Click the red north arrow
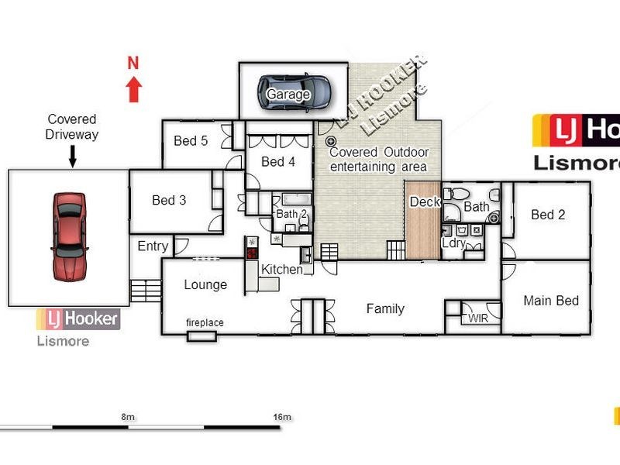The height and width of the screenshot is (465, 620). (133, 89)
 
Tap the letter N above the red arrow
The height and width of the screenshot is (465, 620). (133, 64)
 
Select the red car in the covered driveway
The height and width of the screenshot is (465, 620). (69, 236)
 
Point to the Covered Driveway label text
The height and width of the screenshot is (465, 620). (72, 126)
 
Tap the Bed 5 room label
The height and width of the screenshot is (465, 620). (191, 140)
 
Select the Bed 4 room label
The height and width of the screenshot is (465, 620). (278, 161)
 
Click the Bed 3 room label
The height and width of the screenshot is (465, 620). (169, 200)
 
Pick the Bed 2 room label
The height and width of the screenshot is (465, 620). (548, 215)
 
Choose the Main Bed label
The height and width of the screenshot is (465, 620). (551, 301)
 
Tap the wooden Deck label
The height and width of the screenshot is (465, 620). (425, 201)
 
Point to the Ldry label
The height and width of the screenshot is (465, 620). (453, 243)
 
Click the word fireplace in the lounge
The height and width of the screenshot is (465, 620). (205, 322)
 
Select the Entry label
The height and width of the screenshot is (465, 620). (153, 246)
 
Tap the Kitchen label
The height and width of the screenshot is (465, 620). (282, 269)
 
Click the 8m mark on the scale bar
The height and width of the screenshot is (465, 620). (127, 417)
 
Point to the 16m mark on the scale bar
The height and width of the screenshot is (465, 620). (282, 417)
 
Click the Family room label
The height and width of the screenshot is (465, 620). (385, 308)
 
